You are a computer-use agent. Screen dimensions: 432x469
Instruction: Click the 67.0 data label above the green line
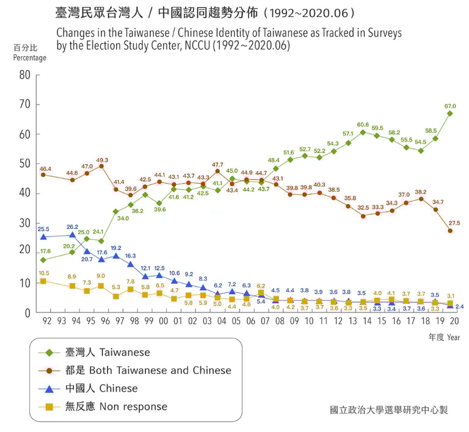(450, 106)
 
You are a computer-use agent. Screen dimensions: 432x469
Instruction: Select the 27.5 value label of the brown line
(454, 223)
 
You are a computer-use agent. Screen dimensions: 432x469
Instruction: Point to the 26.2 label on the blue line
(72, 227)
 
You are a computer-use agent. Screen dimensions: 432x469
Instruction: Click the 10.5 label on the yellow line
(43, 273)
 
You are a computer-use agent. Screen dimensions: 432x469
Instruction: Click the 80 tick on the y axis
(24, 75)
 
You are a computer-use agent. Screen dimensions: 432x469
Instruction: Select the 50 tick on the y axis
(24, 164)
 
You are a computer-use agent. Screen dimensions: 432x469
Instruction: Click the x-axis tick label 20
(454, 321)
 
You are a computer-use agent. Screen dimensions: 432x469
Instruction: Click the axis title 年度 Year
(444, 337)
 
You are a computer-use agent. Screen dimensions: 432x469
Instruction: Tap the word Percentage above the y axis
(29, 58)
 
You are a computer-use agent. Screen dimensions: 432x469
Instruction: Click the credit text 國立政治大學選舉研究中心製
(388, 409)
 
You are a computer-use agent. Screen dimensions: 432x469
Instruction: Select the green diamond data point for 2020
(450, 113)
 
